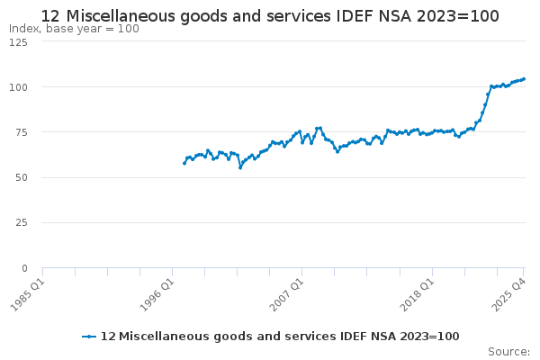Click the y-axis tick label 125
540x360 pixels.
[18, 41]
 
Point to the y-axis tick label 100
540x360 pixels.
[18, 86]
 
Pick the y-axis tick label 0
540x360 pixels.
[25, 267]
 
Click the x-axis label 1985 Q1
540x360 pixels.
[27, 293]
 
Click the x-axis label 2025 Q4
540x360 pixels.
[509, 293]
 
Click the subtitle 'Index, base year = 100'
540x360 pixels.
[74, 29]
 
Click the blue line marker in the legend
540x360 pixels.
[88, 337]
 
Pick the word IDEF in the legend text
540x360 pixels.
[311, 337]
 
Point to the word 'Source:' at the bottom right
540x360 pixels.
[508, 351]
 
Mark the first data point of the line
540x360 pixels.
[184, 163]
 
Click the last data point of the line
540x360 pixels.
[524, 78]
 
